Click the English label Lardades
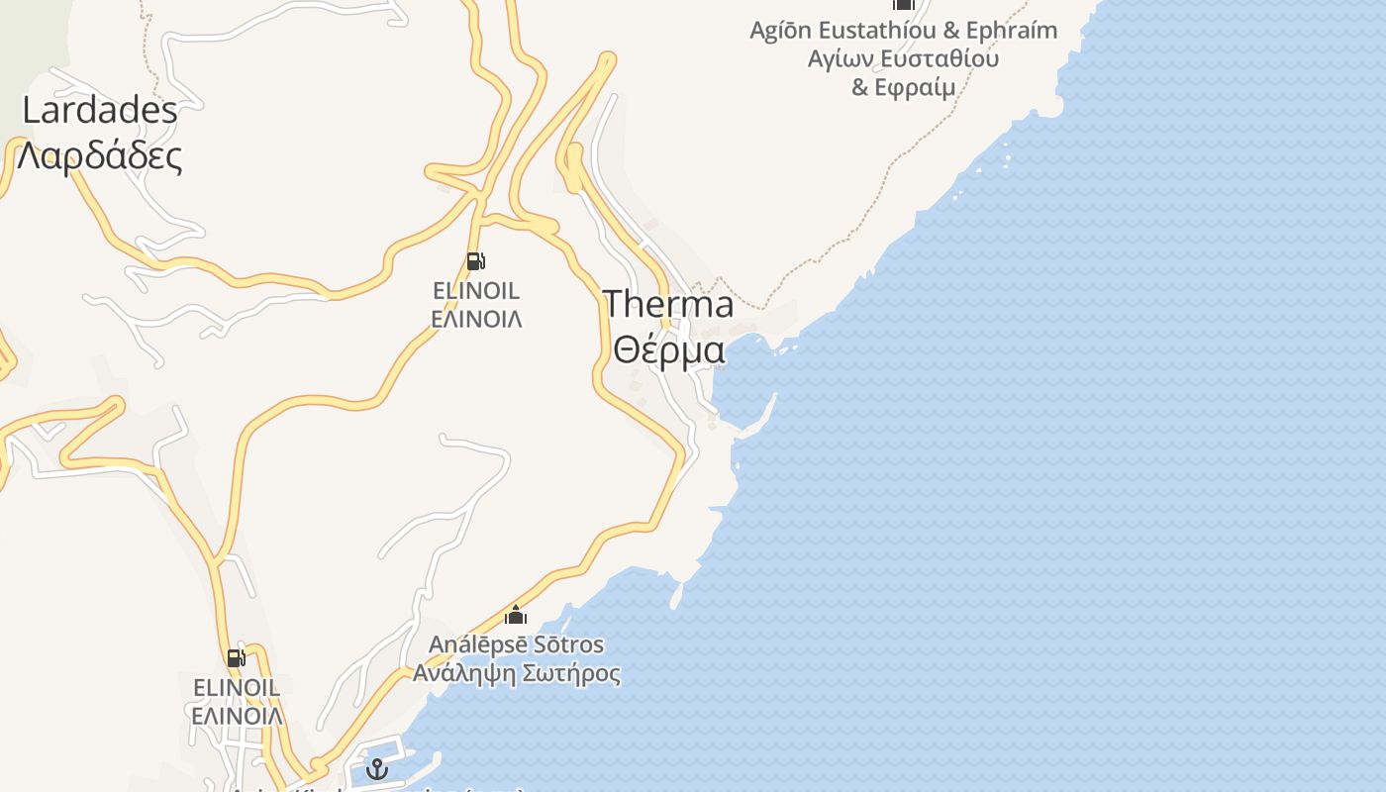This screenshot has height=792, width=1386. click(x=100, y=110)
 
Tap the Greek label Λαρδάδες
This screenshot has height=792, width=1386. click(x=100, y=155)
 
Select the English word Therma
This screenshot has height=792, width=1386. click(x=668, y=304)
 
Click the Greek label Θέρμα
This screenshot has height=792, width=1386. click(x=668, y=349)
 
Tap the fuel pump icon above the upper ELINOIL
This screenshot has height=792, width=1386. click(x=475, y=261)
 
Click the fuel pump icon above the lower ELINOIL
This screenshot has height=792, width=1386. click(x=236, y=657)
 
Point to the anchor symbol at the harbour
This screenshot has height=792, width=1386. click(x=377, y=768)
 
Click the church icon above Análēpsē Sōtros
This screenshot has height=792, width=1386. click(x=516, y=616)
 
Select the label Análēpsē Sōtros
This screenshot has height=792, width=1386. click(x=516, y=644)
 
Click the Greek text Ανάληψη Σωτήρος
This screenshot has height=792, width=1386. click(x=516, y=674)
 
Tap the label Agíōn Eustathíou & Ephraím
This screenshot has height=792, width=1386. click(x=903, y=31)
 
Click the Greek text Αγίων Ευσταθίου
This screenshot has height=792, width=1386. click(x=903, y=58)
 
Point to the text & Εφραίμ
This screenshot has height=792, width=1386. click(x=903, y=87)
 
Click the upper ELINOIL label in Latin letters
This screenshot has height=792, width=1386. click(x=476, y=291)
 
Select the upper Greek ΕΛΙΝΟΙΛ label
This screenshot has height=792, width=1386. click(x=476, y=319)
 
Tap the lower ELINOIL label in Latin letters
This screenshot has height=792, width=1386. click(x=237, y=687)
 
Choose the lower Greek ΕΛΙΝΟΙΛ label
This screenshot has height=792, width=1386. click(x=237, y=715)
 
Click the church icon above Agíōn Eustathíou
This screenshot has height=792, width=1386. click(x=903, y=4)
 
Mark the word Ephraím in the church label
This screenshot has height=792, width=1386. click(x=1012, y=31)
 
